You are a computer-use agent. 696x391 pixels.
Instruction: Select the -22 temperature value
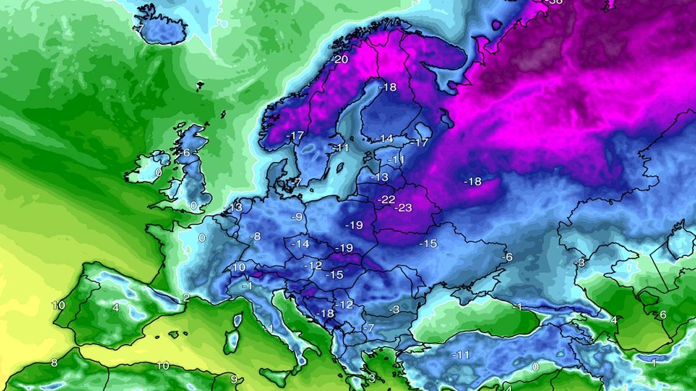[x=386, y=199]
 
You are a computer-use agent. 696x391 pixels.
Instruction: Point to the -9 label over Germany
[x=297, y=217]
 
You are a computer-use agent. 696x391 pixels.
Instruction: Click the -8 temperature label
[x=255, y=236]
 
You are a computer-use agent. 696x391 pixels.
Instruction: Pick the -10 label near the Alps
[x=236, y=268]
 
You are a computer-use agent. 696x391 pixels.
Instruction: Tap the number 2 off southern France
[x=186, y=298]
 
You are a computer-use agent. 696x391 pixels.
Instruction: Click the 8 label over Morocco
[x=53, y=363]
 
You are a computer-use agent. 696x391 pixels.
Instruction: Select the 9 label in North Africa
[x=233, y=380]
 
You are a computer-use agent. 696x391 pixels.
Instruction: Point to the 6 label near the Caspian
[x=663, y=315]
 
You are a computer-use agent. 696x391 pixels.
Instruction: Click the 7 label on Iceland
[x=140, y=28]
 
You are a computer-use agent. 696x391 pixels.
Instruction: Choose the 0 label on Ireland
[x=158, y=173]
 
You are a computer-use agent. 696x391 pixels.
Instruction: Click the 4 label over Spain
[x=115, y=308]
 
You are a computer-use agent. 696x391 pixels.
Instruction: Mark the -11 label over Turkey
[x=462, y=355]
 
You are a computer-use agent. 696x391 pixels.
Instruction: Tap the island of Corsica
[x=237, y=320]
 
